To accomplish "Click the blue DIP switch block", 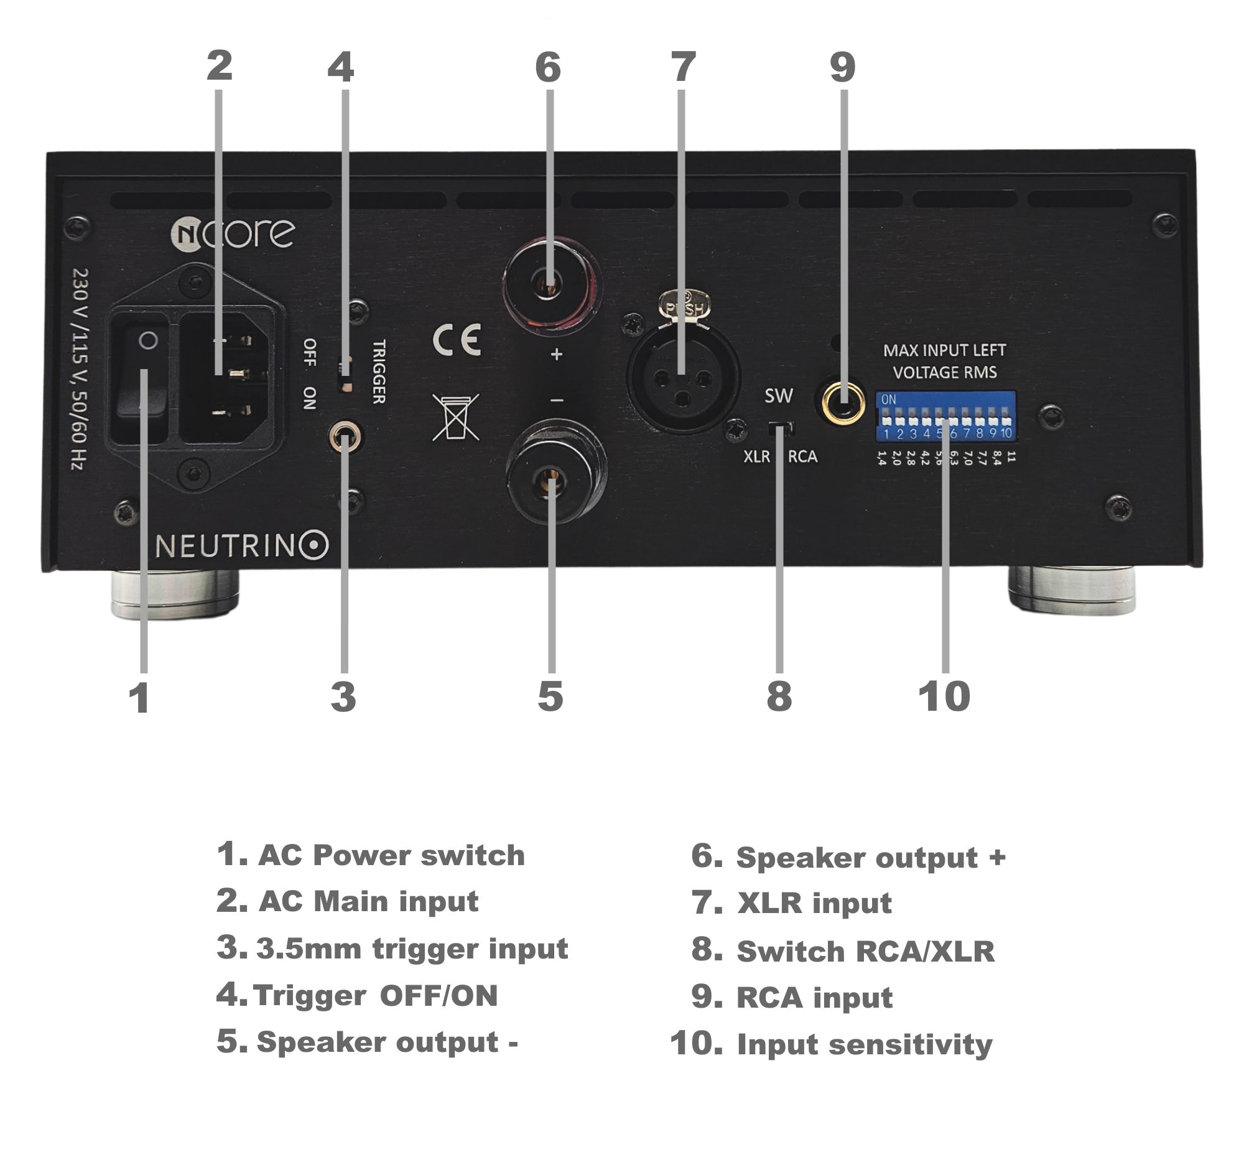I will tap(945, 416).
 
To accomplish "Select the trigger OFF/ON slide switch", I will tap(345, 374).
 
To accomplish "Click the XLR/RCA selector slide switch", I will tap(781, 429).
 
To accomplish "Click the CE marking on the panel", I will tap(457, 340).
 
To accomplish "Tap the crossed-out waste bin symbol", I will tap(455, 417).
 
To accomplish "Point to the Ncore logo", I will tap(233, 233).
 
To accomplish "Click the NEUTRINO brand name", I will tap(241, 545).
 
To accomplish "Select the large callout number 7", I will tap(683, 67).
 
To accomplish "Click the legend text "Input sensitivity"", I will tap(864, 1044).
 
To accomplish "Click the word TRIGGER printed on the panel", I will tap(379, 372).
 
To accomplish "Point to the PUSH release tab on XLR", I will tap(685, 305).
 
